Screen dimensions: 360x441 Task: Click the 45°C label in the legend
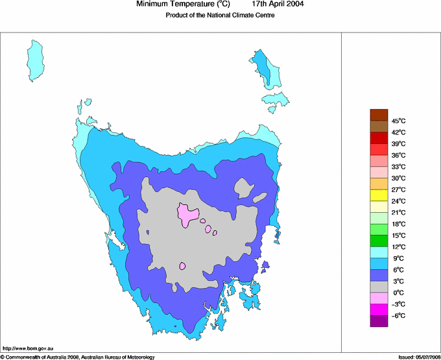click(398, 121)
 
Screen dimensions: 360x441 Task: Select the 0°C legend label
click(398, 293)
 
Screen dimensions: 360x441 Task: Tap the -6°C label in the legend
click(398, 315)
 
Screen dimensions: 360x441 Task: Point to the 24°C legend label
click(398, 201)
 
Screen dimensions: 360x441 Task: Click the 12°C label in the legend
click(398, 246)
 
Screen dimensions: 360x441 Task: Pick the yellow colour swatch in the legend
click(379, 195)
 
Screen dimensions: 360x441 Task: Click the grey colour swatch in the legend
click(379, 287)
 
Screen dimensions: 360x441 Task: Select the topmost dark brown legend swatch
click(379, 115)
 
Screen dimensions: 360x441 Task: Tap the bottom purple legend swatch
click(379, 320)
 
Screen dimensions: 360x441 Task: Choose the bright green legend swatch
click(379, 241)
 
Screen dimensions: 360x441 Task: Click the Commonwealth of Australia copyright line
click(78, 357)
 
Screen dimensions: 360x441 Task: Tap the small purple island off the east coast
click(265, 264)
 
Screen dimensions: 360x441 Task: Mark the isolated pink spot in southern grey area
click(183, 266)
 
